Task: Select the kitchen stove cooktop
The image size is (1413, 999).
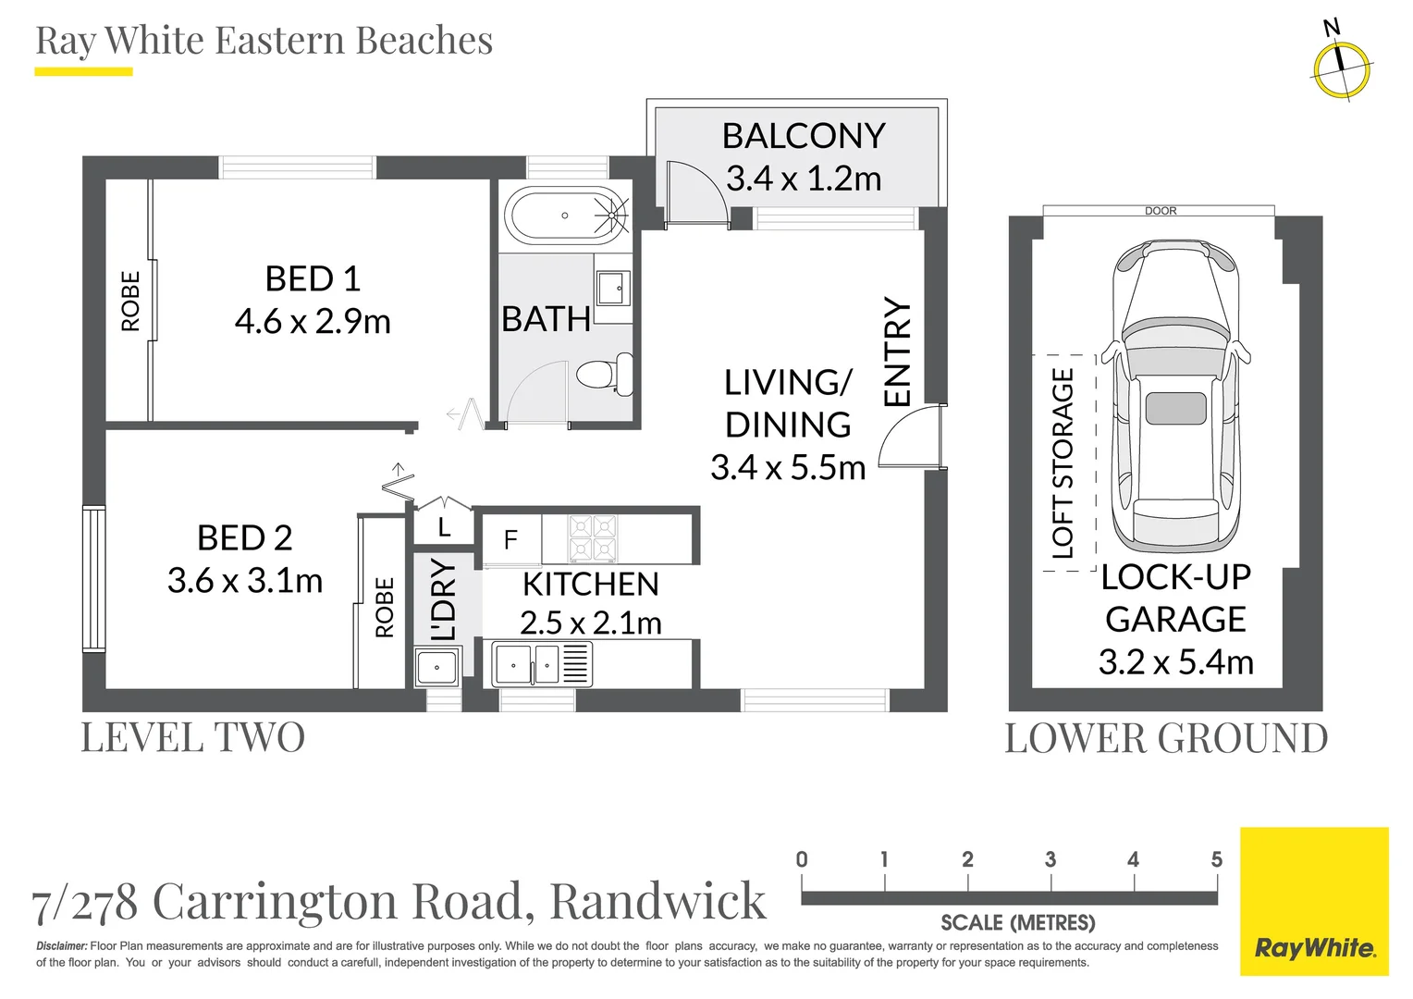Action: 592,538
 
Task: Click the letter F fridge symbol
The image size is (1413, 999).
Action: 510,539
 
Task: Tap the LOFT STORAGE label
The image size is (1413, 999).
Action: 1063,463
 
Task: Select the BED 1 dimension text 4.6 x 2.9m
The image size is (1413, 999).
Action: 313,322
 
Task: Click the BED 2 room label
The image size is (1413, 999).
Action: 244,537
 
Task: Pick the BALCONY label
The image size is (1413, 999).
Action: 804,136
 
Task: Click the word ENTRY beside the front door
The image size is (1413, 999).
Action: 897,351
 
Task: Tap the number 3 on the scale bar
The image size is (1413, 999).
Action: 1051,859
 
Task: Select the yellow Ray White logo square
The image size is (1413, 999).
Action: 1313,901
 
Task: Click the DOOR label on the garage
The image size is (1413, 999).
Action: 1161,211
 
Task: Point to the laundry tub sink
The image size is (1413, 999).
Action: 436,666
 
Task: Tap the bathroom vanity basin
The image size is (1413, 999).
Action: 612,288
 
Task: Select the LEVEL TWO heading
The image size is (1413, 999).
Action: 192,738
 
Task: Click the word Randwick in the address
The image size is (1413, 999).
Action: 657,901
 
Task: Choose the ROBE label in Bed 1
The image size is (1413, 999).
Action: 130,301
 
